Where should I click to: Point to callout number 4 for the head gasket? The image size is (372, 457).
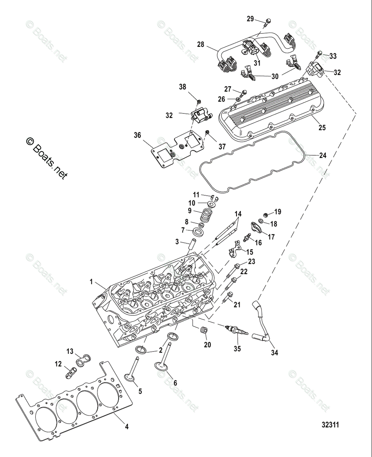[127, 427]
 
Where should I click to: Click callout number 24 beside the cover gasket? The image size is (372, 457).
[323, 155]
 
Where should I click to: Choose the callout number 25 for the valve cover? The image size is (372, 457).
[322, 128]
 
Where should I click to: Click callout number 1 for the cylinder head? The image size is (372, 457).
[91, 282]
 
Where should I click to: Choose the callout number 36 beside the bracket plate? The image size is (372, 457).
[137, 135]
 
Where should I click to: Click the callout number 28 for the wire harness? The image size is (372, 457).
[200, 44]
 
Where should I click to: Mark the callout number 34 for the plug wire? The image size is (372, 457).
[275, 353]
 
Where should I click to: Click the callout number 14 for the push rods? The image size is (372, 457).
[238, 214]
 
